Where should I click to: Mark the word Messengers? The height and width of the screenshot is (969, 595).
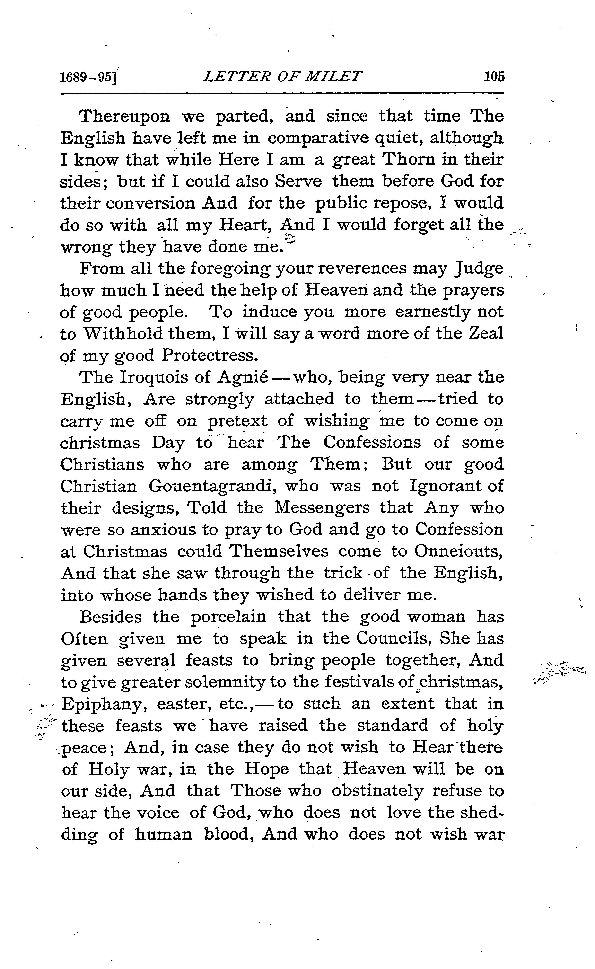pos(322,508)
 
